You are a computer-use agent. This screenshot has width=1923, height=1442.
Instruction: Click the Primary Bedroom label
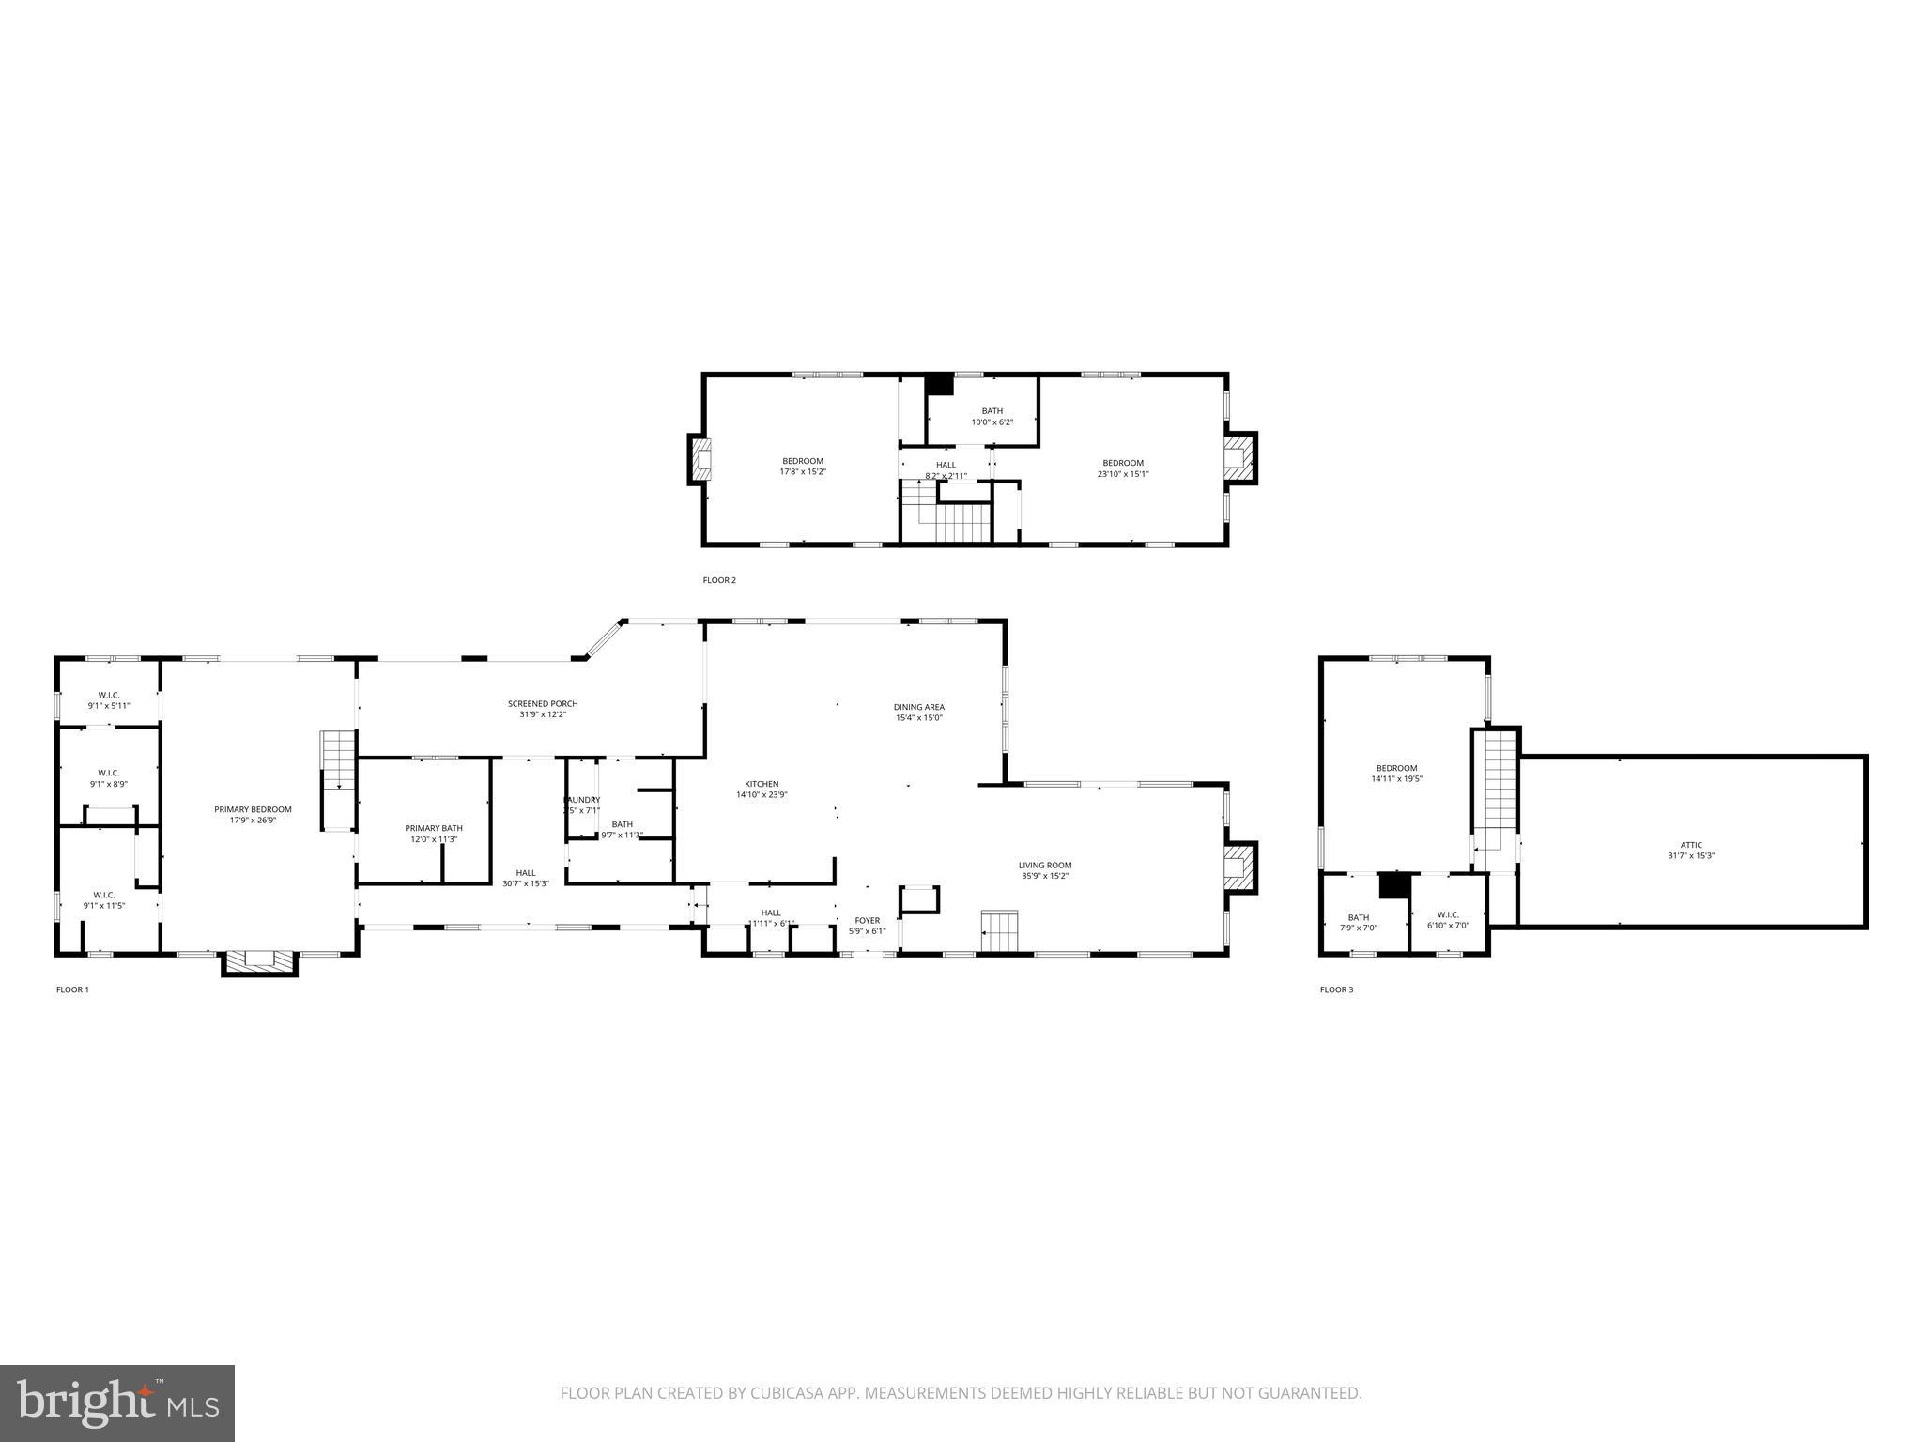[253, 809]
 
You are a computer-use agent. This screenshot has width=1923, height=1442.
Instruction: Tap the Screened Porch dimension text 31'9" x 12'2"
[543, 714]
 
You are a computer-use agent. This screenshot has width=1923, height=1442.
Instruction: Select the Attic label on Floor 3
[1690, 845]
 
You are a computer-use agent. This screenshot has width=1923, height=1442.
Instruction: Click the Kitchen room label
[762, 784]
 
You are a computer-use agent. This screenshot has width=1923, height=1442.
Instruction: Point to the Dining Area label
[918, 707]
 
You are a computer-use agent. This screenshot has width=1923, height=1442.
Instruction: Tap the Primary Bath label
[434, 828]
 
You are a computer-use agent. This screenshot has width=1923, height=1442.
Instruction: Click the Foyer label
[867, 920]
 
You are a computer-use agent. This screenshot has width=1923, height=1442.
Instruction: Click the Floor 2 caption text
[719, 580]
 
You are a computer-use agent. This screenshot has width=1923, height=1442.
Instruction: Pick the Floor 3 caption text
[1336, 989]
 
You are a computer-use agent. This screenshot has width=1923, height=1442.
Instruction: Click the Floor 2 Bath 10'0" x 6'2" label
[992, 411]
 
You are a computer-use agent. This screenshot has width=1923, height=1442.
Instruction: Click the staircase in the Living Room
[1000, 930]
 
